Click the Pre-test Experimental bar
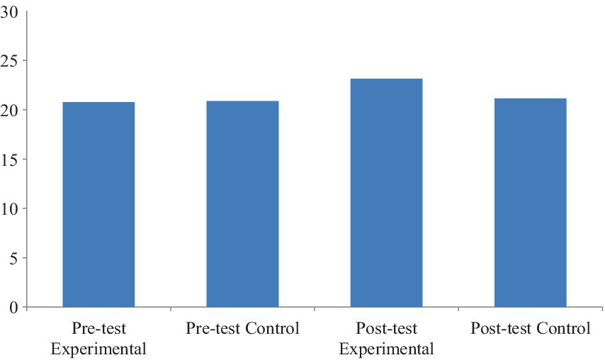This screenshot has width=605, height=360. point(98,205)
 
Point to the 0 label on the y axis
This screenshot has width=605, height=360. point(13,308)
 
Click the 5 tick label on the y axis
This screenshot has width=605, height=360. point(13,258)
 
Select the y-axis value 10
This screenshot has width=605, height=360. point(10,209)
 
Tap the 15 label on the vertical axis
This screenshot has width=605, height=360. point(10,159)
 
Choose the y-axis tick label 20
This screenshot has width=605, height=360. point(10,110)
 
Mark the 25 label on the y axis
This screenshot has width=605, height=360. point(10,61)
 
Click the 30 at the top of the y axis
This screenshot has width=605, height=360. point(10,11)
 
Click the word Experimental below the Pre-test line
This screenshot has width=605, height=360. point(99,349)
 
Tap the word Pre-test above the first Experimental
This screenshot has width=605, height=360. point(99,330)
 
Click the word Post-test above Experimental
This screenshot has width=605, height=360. point(386,330)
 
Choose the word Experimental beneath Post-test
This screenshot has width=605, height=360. point(386,349)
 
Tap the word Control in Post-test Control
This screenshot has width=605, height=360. point(563,329)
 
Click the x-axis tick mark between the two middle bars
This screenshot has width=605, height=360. point(315,309)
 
